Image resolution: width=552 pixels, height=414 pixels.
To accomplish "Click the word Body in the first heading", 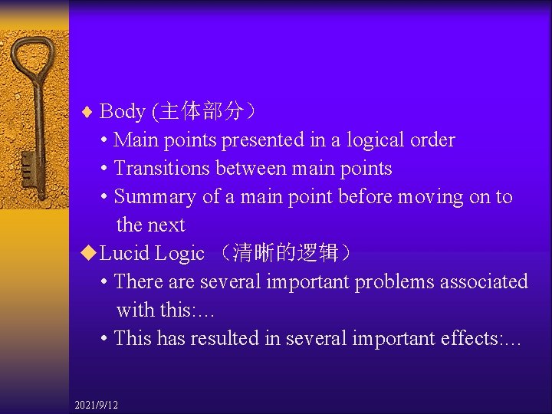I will tap(123, 112).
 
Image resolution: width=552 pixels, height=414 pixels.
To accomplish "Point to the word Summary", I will tap(155, 197).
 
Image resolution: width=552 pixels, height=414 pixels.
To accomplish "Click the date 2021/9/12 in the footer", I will tap(97, 405).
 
